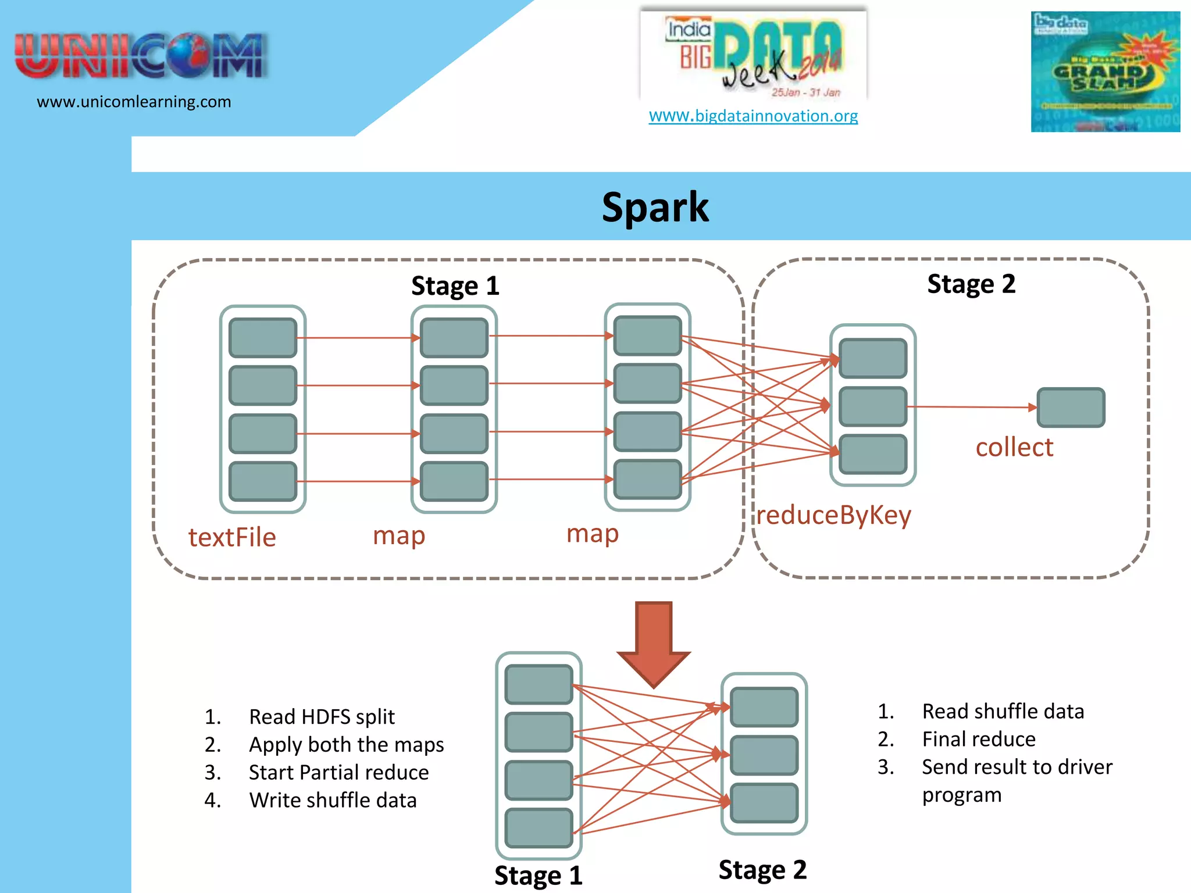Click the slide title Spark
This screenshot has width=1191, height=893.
pyautogui.click(x=655, y=208)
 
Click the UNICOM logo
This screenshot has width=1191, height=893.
pyautogui.click(x=141, y=56)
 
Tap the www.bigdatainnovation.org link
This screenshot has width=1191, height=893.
pyautogui.click(x=753, y=116)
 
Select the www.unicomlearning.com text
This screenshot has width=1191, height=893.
pyautogui.click(x=134, y=102)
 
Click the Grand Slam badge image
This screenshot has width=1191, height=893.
pyautogui.click(x=1105, y=72)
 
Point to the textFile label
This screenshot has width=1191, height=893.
pyautogui.click(x=232, y=537)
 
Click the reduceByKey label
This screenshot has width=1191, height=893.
pyautogui.click(x=833, y=515)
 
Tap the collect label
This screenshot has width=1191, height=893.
pyautogui.click(x=1014, y=447)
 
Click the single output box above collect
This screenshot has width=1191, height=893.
pyautogui.click(x=1071, y=407)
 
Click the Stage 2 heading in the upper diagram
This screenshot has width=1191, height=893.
pyautogui.click(x=971, y=284)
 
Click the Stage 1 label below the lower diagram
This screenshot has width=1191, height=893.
pyautogui.click(x=538, y=875)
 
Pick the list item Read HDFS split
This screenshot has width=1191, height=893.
pyautogui.click(x=322, y=716)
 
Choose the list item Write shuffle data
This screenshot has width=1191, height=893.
pyautogui.click(x=333, y=800)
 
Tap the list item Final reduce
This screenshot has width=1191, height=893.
pyautogui.click(x=979, y=739)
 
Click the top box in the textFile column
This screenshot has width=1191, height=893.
pyautogui.click(x=263, y=337)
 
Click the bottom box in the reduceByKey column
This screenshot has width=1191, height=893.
pyautogui.click(x=873, y=454)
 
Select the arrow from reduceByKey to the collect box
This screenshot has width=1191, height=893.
pyautogui.click(x=971, y=407)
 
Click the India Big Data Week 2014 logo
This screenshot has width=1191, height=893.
pyautogui.click(x=754, y=55)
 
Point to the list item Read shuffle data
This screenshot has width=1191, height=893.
pyautogui.click(x=1003, y=711)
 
